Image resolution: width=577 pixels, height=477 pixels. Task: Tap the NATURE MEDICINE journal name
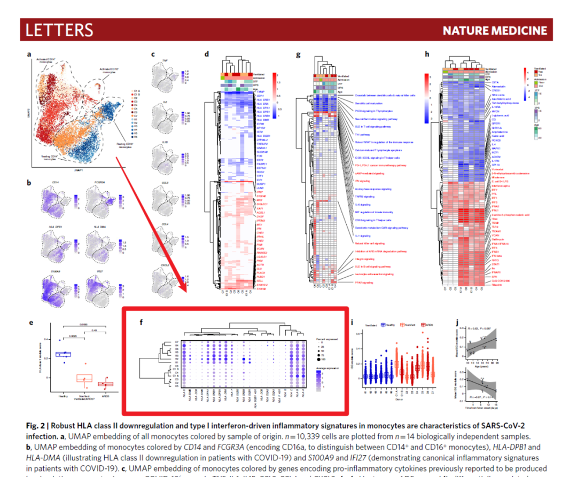coord(495,30)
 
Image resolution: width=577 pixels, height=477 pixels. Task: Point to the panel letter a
coord(29,54)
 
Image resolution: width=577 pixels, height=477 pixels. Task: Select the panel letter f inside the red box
coord(141,322)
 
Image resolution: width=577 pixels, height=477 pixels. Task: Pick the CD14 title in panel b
coord(55,183)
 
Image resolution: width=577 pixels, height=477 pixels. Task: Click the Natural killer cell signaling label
coord(369,243)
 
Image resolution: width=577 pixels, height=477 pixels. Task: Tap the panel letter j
coord(457,322)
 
